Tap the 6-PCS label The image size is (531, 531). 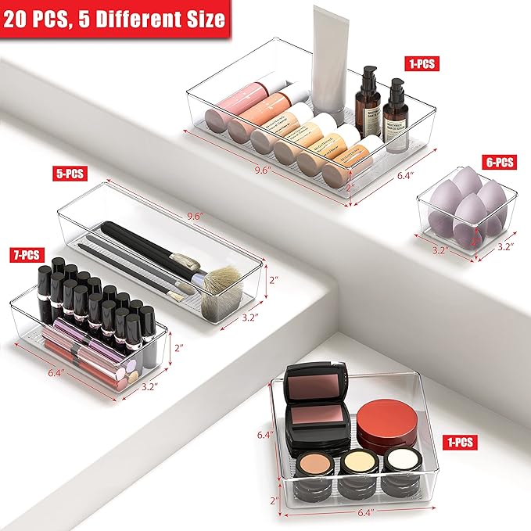tap(497, 163)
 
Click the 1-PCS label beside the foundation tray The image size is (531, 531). tap(423, 63)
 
